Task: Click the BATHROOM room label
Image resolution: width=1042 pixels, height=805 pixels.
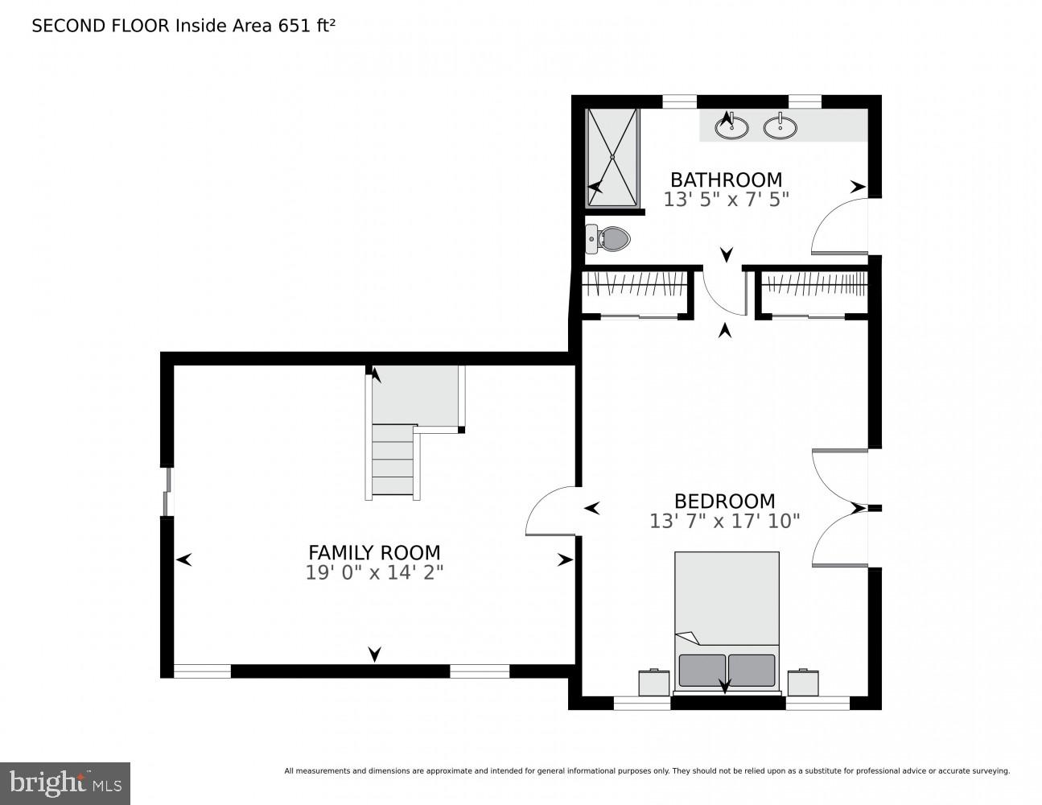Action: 726,180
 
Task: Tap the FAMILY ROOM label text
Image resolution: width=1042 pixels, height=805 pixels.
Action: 374,552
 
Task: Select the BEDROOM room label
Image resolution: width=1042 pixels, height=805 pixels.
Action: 724,502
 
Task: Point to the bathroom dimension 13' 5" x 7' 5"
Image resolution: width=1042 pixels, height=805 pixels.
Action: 726,200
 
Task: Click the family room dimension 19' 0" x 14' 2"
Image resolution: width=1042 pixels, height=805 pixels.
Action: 374,572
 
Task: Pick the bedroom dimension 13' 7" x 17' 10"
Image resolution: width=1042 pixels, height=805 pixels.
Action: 724,522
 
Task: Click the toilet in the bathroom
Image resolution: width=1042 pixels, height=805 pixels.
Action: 609,237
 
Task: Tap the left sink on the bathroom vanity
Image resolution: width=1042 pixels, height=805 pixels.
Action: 731,126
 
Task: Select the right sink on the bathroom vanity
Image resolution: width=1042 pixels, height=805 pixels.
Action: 780,126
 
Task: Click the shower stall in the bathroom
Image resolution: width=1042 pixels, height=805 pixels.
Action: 612,157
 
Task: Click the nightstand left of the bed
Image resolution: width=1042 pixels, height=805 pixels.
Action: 654,682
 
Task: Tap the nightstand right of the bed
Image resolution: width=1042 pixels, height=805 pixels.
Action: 803,682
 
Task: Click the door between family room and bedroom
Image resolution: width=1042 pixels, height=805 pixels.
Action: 552,512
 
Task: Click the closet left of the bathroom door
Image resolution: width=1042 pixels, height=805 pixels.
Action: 636,292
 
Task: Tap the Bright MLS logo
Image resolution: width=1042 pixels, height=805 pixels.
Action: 65,783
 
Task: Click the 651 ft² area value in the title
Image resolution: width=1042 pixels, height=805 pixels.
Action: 306,26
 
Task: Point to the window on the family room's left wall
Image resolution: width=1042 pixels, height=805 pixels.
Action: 167,492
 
